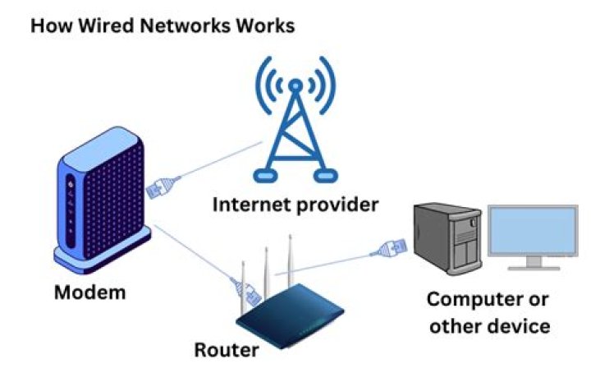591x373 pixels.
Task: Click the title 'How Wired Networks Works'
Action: tap(162, 26)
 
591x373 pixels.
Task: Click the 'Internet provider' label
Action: tap(295, 204)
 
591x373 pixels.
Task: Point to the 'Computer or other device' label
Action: tap(488, 311)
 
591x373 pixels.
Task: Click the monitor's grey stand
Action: tap(532, 263)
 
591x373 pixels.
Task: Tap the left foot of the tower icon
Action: tap(264, 175)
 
